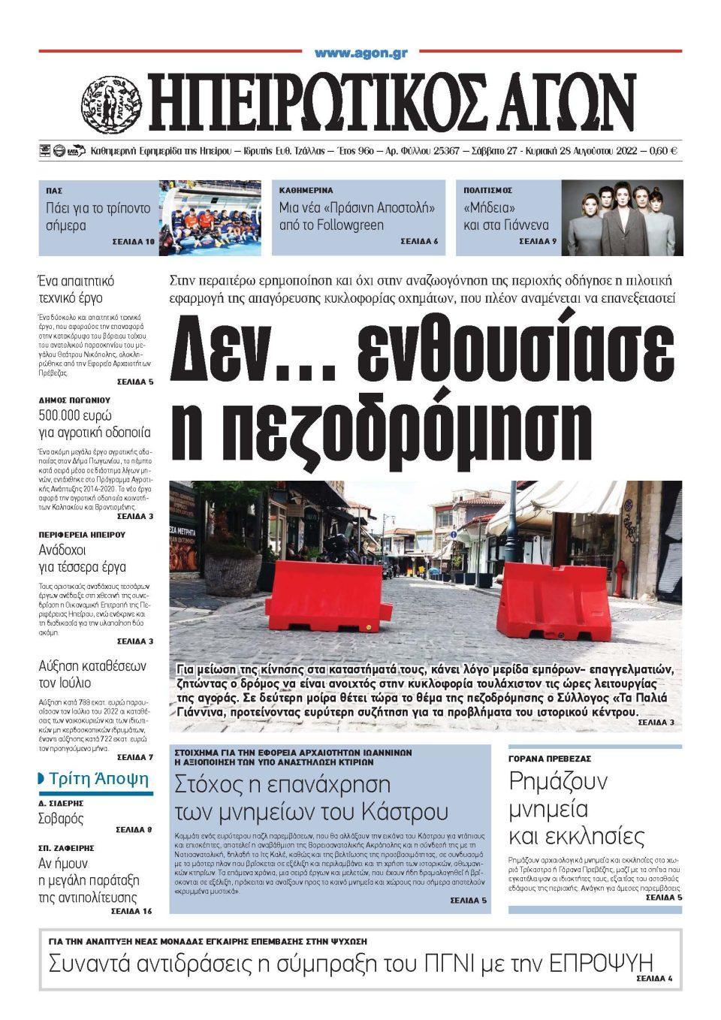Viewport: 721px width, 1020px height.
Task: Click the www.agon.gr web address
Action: [x=360, y=53]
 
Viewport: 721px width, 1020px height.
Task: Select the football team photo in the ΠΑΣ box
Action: [x=210, y=218]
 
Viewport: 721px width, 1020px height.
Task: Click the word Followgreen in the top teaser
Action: [x=351, y=225]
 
